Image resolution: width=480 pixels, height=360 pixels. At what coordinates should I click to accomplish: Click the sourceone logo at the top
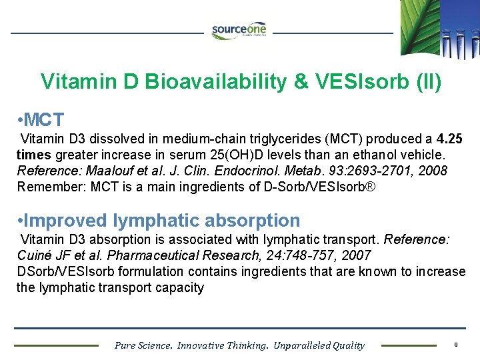click(239, 31)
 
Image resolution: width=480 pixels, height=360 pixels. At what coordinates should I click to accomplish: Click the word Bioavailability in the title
click(217, 82)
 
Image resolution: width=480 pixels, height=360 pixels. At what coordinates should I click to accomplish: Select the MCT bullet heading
click(41, 120)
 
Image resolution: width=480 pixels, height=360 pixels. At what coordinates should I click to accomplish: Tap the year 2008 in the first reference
click(433, 171)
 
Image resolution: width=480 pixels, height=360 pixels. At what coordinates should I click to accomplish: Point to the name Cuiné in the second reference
click(35, 255)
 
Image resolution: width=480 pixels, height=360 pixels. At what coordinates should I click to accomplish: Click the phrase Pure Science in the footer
click(143, 345)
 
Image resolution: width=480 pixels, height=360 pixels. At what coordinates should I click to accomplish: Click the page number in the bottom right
click(455, 345)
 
